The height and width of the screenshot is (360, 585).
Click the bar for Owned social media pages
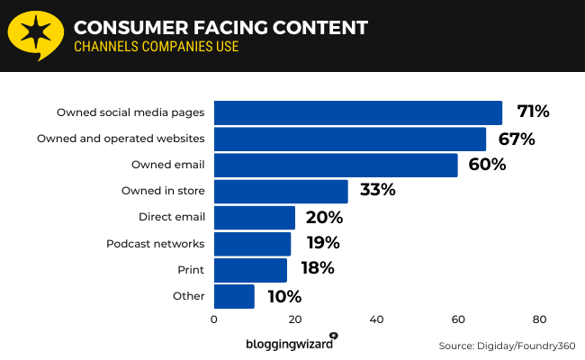[x=357, y=112]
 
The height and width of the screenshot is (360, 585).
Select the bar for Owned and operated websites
[x=349, y=139]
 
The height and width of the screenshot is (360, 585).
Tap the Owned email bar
[x=336, y=165]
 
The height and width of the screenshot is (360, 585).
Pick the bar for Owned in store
[x=281, y=191]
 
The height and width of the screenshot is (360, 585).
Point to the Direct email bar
[x=254, y=217]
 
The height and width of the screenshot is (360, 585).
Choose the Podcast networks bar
[x=252, y=243]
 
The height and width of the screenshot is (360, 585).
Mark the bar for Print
[x=250, y=269]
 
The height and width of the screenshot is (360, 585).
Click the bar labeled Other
[x=234, y=295]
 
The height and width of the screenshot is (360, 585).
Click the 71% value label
[x=533, y=112]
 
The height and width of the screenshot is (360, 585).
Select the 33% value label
[x=378, y=191]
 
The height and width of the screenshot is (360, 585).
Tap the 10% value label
[x=283, y=295]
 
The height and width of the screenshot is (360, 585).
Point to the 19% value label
[x=321, y=243]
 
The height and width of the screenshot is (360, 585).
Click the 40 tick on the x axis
[x=376, y=319]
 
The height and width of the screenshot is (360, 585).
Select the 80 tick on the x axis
[x=539, y=319]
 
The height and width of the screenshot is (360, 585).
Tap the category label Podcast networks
[x=156, y=243]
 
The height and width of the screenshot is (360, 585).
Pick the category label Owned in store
[x=163, y=191]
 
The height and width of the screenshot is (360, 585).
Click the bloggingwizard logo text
[x=288, y=344]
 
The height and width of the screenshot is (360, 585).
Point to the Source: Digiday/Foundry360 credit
[x=507, y=346]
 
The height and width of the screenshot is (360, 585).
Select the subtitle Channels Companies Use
[x=156, y=47]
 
